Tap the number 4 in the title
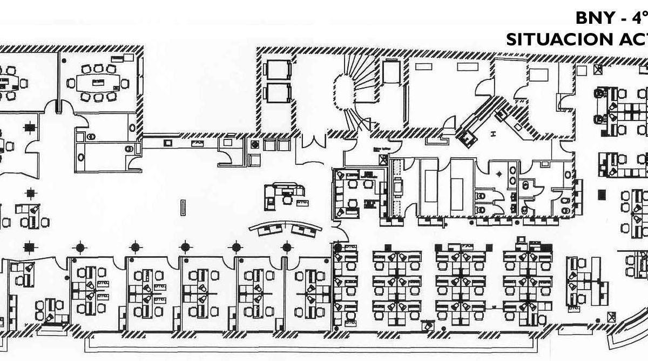click(636, 18)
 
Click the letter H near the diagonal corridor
click(492, 133)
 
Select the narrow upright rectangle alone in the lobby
click(183, 207)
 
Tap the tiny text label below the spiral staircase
click(376, 151)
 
